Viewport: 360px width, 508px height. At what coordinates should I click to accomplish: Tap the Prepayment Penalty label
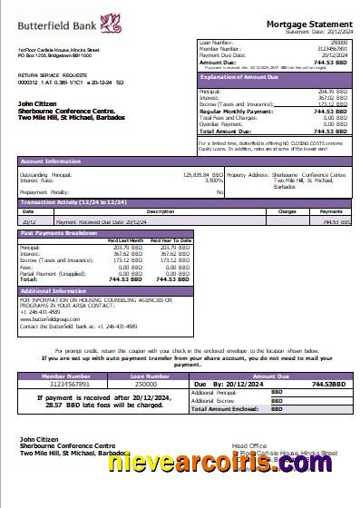coord(43,191)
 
